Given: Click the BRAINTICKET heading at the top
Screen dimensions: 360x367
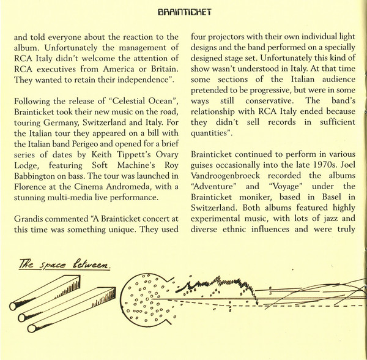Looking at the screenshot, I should click(x=184, y=12).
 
